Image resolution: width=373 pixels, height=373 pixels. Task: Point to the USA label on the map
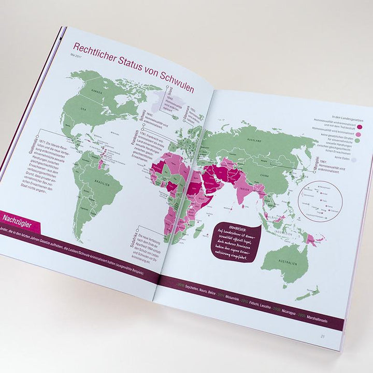point(83,110)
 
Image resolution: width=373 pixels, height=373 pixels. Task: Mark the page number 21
point(323,335)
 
